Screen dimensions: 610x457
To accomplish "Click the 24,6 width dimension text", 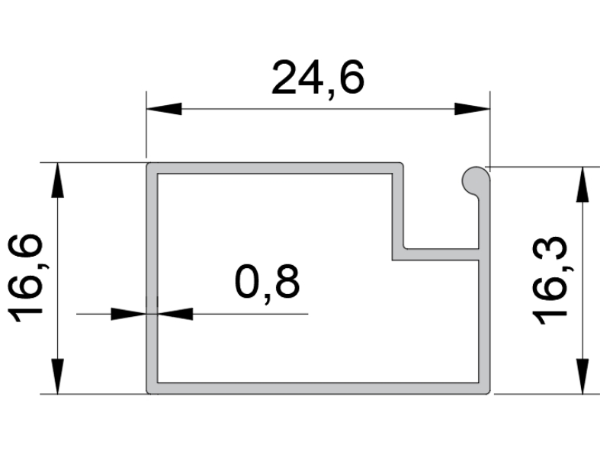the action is pos(318,78).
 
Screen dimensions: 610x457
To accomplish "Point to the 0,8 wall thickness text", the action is pos(268,283).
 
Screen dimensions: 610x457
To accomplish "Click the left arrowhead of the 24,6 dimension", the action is pos(164,109).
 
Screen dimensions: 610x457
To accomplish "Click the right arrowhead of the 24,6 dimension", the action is pos(472,109).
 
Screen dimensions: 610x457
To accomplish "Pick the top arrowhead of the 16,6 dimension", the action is pos(58,181).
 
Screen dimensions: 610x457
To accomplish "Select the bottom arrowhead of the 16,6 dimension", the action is pos(58,376).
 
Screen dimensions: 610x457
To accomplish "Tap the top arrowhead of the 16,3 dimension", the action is pos(583,184).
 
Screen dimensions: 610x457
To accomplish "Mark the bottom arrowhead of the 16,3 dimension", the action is pos(583,376).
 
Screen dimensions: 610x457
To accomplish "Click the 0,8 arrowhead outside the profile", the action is pos(129,314).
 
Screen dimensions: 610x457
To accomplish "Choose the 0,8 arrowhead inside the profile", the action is pos(175,314).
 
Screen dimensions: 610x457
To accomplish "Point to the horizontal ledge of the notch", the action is pos(435,254).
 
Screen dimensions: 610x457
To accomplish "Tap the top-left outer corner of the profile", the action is pos(146,163).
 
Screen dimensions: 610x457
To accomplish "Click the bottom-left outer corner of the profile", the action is pos(146,394).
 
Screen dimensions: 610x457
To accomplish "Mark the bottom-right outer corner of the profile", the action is pos(490,394).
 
